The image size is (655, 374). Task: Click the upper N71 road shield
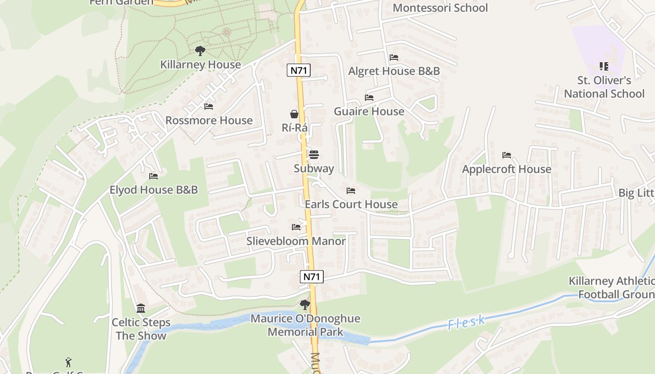298,71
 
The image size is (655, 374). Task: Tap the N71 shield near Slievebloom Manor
311,276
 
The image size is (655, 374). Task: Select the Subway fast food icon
313,155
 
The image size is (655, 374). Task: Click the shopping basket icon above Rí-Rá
294,114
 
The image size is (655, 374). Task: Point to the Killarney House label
200,65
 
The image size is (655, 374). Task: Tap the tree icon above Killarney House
200,50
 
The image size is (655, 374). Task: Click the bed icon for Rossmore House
209,107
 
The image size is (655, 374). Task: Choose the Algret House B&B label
394,71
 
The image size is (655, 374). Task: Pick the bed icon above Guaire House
369,98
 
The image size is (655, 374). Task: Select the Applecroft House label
507,169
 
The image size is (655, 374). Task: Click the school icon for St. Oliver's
604,66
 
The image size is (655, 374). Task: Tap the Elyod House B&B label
153,190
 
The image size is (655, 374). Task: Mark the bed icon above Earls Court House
351,191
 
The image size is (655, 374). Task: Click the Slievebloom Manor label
296,241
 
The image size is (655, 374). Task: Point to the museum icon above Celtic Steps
141,308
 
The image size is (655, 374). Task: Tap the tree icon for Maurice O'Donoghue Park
305,305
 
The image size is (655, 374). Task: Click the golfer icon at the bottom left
69,362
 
